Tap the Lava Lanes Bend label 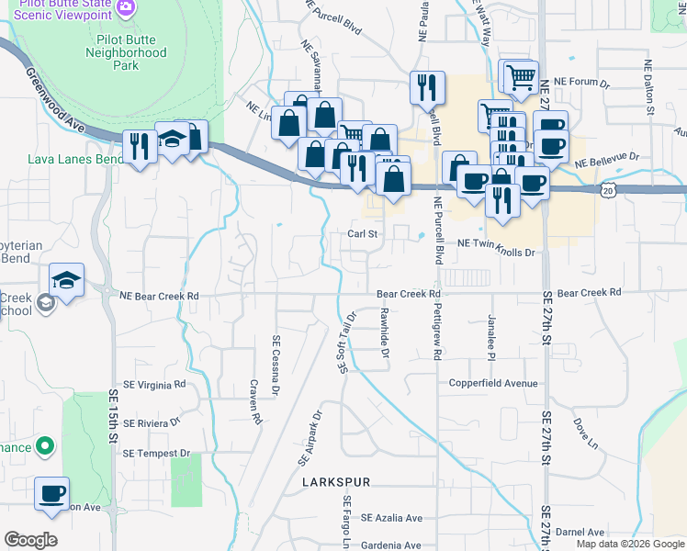(x=75, y=159)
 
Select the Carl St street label (x=363, y=234)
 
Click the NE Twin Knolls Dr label (x=495, y=242)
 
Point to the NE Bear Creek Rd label (x=159, y=296)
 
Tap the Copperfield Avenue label (x=492, y=382)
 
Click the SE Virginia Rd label (x=154, y=384)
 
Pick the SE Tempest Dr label (x=156, y=453)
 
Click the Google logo (x=30, y=540)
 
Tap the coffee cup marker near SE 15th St (x=51, y=492)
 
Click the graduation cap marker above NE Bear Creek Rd (x=67, y=279)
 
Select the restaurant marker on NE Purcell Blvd (x=426, y=87)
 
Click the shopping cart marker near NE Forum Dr (x=521, y=77)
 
